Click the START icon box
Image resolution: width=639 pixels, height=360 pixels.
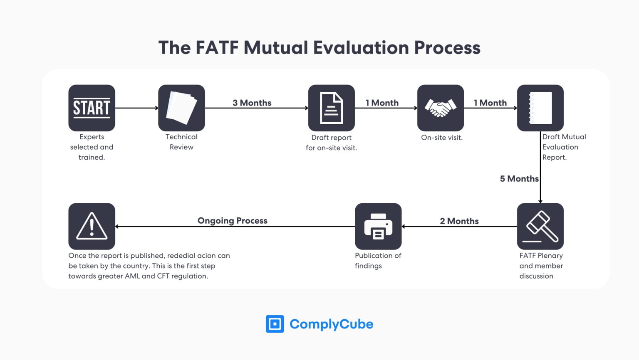coord(92,108)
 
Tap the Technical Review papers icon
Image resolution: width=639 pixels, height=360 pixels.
coord(181,108)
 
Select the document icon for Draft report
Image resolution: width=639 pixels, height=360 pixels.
coord(331,108)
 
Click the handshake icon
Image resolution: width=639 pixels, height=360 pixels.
coord(440,108)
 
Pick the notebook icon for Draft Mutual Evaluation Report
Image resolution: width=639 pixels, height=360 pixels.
coord(540,108)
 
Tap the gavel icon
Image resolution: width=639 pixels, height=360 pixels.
coord(540,227)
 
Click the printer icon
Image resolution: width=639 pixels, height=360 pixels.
coord(378,227)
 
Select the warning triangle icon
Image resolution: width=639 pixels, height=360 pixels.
coord(92,227)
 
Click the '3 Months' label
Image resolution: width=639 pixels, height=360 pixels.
coord(252,103)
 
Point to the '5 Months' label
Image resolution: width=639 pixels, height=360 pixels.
coord(519,179)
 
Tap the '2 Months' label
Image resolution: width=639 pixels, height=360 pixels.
coord(459,221)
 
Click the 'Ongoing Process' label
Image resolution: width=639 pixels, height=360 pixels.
coord(232,221)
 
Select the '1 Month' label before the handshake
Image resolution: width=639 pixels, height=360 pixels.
coord(382,103)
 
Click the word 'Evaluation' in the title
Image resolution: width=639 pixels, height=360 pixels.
coord(361,48)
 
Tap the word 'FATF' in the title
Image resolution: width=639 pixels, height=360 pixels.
coord(217,48)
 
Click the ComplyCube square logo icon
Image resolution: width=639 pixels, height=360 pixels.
coord(275,324)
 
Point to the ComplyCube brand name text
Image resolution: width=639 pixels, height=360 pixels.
coord(331,324)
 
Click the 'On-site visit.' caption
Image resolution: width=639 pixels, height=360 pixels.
coord(441,138)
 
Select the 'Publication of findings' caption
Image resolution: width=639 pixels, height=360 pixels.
coord(378,261)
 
